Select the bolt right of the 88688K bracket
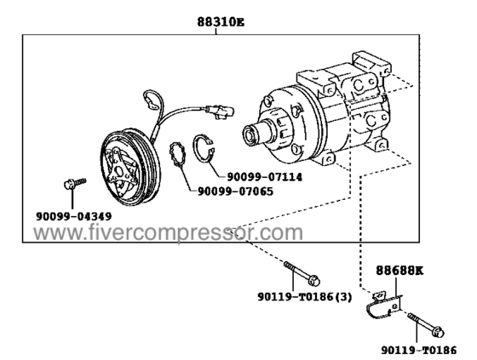422,325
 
